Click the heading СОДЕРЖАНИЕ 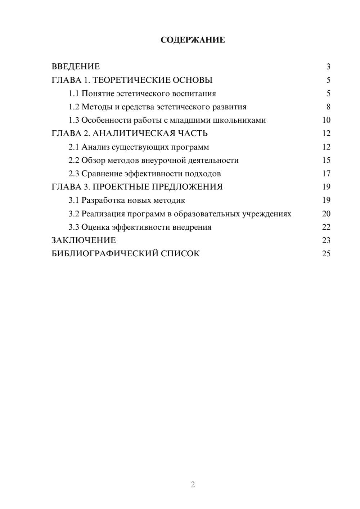(x=193, y=40)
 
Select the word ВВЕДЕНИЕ (x=76, y=67)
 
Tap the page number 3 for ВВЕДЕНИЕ (x=328, y=67)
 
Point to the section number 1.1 (x=74, y=94)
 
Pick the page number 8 (x=328, y=107)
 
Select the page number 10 (x=326, y=120)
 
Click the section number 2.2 (x=74, y=161)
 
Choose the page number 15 (x=326, y=161)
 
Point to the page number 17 (x=326, y=174)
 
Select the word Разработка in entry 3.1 (x=103, y=201)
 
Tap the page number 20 (x=326, y=214)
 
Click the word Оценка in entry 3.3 (x=95, y=227)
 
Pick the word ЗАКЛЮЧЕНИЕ (x=84, y=240)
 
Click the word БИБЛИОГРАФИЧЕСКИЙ (x=105, y=254)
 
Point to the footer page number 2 (x=193, y=485)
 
